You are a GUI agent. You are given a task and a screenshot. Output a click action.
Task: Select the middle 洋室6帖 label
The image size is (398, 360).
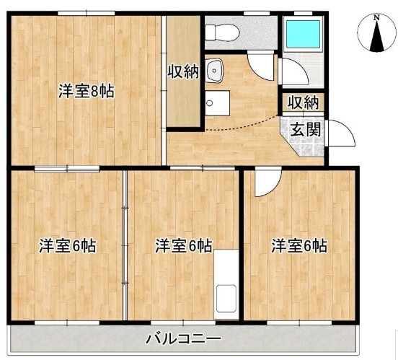click(183, 245)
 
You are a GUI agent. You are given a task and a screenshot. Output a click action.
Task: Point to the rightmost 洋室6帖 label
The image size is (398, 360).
click(299, 245)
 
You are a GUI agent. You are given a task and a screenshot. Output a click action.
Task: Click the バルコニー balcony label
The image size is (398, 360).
click(183, 337)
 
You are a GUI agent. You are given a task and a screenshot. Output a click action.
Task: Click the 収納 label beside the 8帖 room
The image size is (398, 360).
click(184, 72)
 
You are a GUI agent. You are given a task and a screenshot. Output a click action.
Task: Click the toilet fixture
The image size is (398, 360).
click(219, 32)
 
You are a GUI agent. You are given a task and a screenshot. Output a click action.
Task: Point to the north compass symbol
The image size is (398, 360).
click(375, 34)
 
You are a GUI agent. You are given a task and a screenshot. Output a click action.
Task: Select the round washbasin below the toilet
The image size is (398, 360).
click(214, 69)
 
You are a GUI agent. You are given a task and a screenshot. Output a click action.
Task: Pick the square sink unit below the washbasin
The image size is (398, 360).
click(216, 102)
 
